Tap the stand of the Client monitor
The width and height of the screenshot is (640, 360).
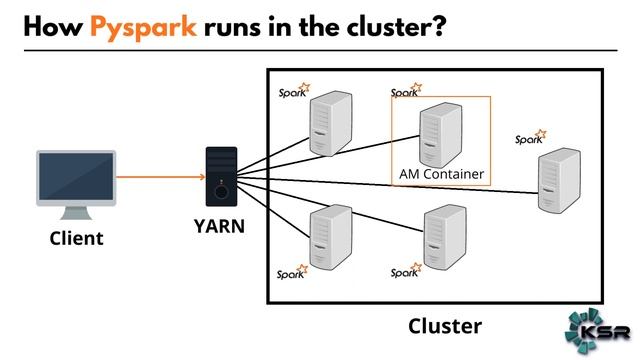(x=76, y=212)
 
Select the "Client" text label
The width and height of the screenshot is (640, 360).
(x=76, y=239)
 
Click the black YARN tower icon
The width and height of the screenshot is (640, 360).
(x=221, y=177)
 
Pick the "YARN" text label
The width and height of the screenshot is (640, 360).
(x=219, y=226)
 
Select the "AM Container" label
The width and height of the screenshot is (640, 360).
(x=441, y=174)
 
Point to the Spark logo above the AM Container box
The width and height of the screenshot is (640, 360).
(x=405, y=91)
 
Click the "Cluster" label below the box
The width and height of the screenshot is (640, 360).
(x=444, y=326)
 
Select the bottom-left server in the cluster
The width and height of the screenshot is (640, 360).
(x=330, y=237)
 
